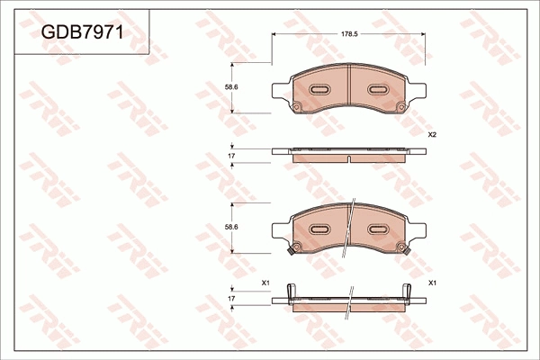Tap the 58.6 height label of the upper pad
click(x=230, y=86)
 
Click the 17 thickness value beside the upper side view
click(x=231, y=157)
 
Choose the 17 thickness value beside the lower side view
click(x=231, y=297)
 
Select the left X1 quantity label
click(x=265, y=283)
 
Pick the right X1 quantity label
click(x=432, y=283)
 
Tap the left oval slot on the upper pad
click(x=319, y=90)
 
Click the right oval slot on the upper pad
click(x=376, y=90)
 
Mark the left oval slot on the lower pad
click(x=319, y=230)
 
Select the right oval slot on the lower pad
click(x=376, y=230)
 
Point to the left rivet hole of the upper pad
click(x=295, y=109)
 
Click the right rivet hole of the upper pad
click(x=400, y=109)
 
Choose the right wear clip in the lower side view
click(x=409, y=292)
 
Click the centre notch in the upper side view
click(x=348, y=158)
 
